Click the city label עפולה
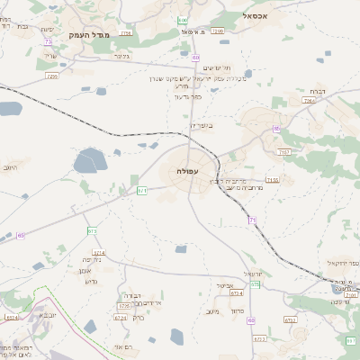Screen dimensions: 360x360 point(189,171)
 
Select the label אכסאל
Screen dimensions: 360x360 point(258,15)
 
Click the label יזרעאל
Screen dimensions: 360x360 point(253,274)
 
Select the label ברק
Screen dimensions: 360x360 point(138,318)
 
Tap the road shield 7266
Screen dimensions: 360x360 point(217,31)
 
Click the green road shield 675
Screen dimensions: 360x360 point(256,284)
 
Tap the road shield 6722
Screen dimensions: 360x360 point(290,319)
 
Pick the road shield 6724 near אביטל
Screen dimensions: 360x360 point(236,292)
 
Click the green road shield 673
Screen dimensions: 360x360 point(92,231)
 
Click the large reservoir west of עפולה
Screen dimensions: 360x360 point(90,161)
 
